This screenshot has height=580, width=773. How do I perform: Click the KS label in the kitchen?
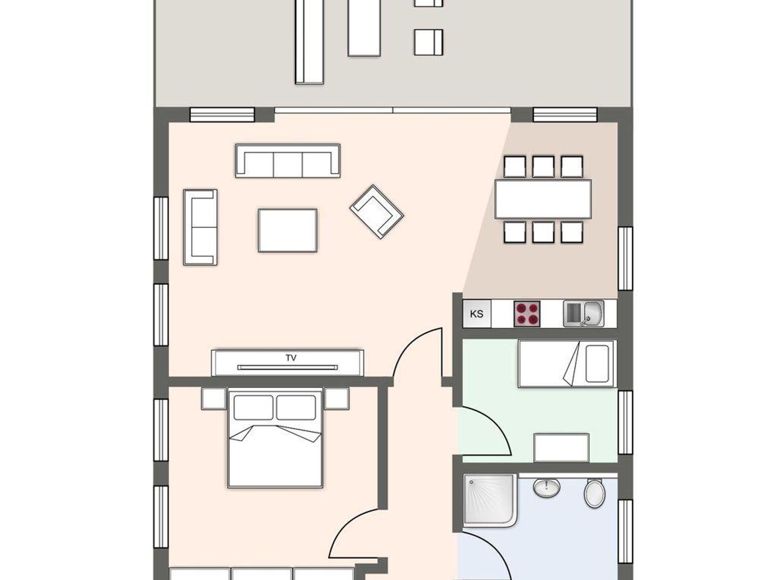coord(477,314)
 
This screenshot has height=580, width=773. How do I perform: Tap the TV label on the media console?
coord(291,358)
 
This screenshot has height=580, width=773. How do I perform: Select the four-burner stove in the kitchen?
coord(527,314)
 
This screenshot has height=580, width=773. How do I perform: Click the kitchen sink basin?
coord(593,313)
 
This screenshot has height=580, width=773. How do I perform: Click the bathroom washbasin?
coord(547,488)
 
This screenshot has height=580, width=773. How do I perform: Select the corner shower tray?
coord(490,500)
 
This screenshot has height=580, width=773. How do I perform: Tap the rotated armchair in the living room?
coord(377,212)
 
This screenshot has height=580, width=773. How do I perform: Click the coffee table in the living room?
coord(288,230)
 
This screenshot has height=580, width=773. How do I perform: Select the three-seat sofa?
coord(288,161)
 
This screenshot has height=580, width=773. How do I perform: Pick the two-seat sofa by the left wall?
coord(200,227)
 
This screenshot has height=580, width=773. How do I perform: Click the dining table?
coord(543,199)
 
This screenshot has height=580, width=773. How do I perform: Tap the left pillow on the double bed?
coord(253,407)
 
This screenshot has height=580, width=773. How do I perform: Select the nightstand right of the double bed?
coord(337,399)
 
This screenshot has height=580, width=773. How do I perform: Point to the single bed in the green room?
coord(567,364)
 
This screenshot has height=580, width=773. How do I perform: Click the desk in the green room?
coord(561,448)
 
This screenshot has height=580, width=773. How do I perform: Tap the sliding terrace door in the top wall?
coord(393,110)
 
